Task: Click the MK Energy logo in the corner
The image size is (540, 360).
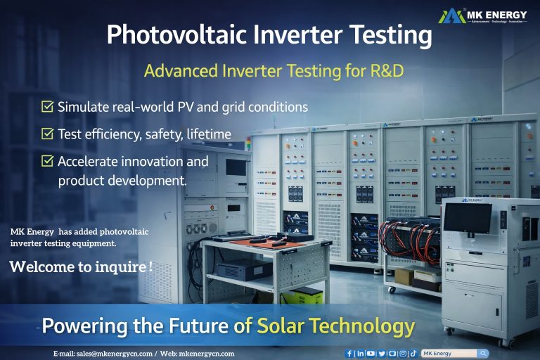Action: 486,15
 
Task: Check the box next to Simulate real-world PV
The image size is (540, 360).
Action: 48,107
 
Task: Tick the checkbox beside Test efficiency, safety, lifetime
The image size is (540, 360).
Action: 48,134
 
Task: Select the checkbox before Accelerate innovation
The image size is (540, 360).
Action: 48,161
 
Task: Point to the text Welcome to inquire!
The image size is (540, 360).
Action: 81,267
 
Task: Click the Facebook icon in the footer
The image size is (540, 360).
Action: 350,354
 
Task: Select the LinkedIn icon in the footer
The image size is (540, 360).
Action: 361,354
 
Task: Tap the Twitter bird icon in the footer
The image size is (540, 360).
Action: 382,354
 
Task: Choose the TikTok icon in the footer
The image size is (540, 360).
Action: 413,354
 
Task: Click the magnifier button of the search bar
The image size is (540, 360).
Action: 483,354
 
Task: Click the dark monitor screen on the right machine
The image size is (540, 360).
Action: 468,218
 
